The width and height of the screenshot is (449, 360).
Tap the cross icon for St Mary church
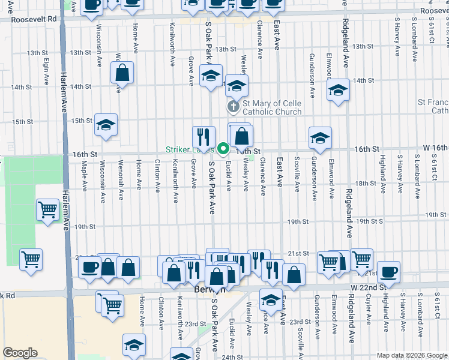point(234,107)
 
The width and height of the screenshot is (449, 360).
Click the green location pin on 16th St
point(223,148)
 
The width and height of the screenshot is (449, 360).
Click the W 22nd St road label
point(367,287)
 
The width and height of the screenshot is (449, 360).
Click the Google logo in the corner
point(20,353)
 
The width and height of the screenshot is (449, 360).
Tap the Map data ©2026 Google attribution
point(412,355)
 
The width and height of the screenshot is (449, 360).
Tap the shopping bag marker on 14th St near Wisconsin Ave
point(122,74)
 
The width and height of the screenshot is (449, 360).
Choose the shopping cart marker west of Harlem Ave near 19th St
point(48,211)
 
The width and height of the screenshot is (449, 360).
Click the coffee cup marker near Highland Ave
point(388,271)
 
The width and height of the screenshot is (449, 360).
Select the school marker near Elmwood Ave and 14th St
point(338,91)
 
